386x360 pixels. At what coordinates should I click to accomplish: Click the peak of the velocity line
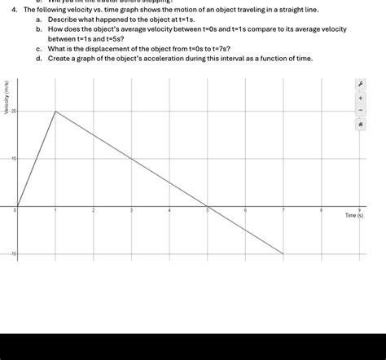point(55,111)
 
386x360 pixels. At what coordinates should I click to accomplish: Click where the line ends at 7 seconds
point(283,254)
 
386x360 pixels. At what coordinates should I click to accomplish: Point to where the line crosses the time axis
point(208,207)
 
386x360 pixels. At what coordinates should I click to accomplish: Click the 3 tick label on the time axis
point(131,211)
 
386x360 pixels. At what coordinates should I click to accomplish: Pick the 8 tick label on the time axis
point(321,211)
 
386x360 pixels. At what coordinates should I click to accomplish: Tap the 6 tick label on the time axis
point(245,211)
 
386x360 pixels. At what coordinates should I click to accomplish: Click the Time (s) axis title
point(354,217)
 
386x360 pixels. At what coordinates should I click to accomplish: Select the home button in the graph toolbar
point(360,125)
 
